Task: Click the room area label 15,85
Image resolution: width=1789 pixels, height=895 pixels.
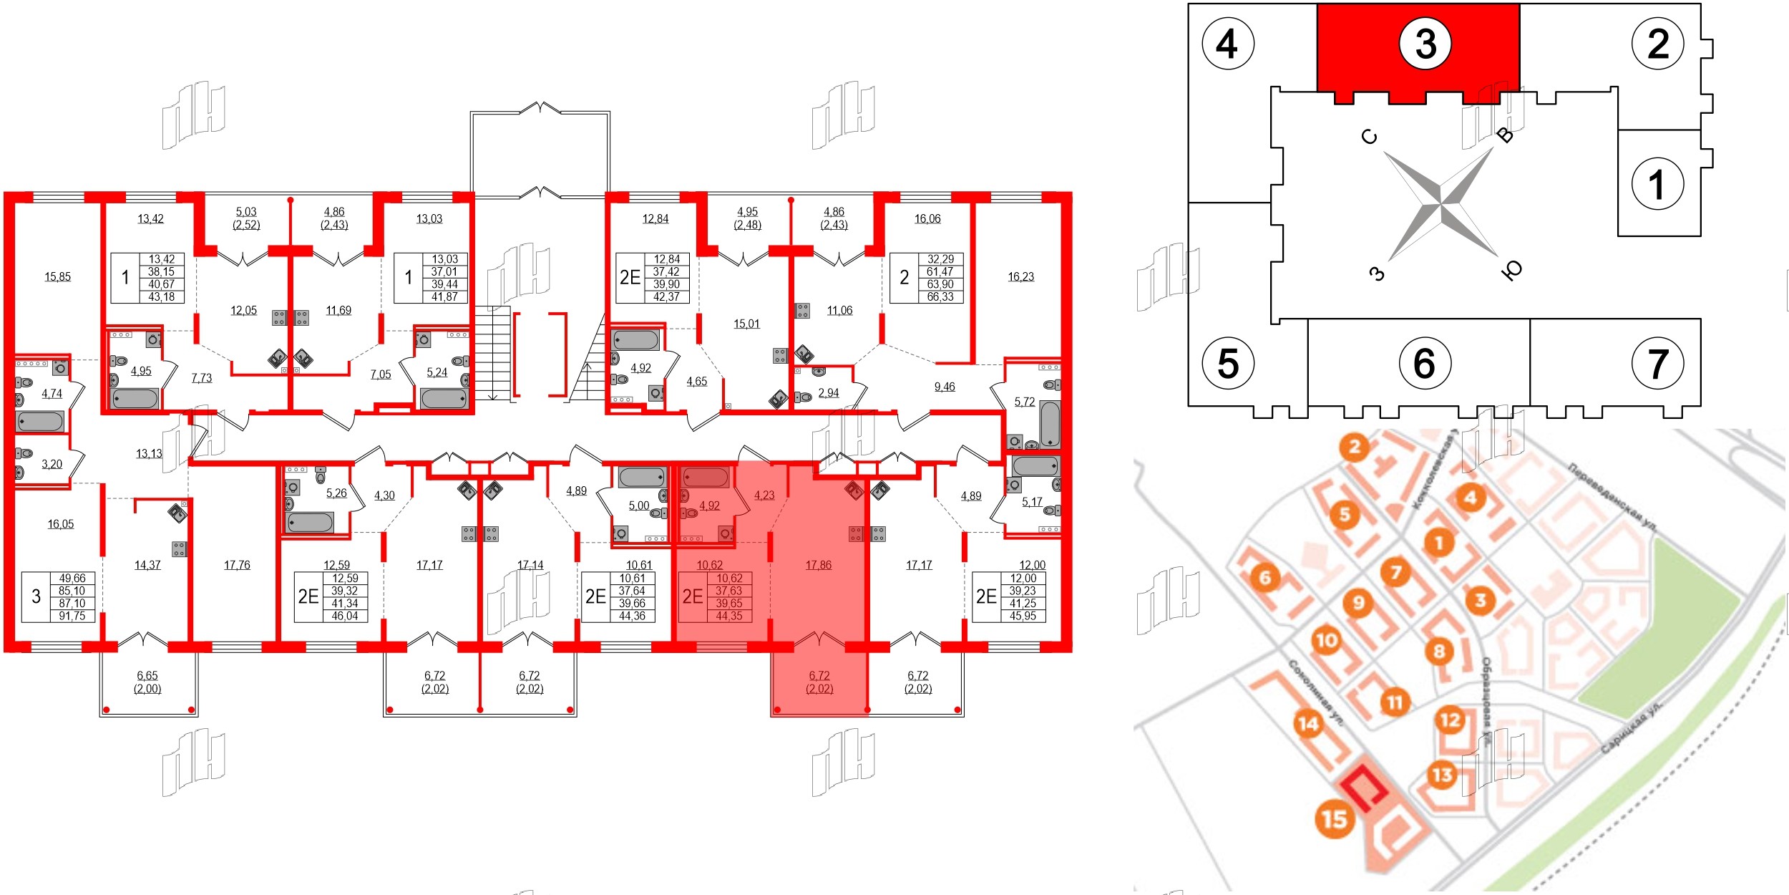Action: (57, 277)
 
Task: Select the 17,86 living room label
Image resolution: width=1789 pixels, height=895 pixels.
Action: (818, 565)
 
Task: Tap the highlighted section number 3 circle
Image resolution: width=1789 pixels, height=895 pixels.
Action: (1425, 44)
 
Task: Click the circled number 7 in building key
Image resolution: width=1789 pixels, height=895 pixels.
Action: (1657, 364)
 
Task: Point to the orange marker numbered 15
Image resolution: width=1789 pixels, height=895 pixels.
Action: (1334, 818)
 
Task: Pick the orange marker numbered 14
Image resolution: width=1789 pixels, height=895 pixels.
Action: (1307, 724)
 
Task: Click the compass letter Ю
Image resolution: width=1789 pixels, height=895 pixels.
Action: (1511, 270)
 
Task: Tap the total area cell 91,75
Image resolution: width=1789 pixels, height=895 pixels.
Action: (72, 616)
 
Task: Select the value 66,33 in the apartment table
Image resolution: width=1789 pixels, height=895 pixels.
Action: (940, 296)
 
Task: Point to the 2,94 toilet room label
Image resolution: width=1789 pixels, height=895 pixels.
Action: (828, 393)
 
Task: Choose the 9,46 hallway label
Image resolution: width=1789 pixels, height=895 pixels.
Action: (944, 387)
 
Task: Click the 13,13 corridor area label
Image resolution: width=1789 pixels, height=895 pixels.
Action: (149, 453)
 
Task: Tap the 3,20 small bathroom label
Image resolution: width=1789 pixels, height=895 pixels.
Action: (52, 464)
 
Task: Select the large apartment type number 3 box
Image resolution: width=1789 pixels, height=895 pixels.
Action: (36, 596)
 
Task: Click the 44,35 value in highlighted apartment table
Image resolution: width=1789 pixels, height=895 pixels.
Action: (728, 616)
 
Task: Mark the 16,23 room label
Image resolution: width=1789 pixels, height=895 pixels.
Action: (1020, 277)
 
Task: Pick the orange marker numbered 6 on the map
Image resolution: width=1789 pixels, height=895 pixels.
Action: (1264, 577)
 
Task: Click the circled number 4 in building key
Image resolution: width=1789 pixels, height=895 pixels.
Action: (1227, 44)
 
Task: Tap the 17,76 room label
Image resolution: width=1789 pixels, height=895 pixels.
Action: (237, 565)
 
